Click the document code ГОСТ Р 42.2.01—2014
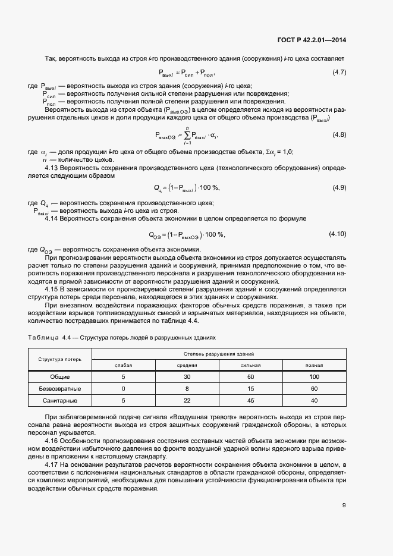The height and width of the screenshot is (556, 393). point(312,40)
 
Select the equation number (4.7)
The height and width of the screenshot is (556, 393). point(338,73)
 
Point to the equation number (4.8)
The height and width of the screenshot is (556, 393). point(338,135)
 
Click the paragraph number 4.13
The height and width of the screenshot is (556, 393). point(54,168)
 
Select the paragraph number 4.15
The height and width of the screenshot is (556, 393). point(54,289)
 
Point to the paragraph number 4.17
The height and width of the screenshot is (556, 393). point(54,464)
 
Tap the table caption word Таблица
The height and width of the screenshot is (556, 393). point(43,337)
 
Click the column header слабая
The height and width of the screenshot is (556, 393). point(123,365)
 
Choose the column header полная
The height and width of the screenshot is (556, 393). point(314,365)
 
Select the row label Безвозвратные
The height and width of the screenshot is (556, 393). point(59,388)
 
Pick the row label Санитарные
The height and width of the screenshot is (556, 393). point(59,400)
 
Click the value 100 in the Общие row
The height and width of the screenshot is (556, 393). point(314,377)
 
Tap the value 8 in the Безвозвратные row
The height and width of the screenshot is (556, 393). point(187,388)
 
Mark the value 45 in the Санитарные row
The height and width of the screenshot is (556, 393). point(250,400)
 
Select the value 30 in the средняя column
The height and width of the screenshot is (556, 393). point(187,377)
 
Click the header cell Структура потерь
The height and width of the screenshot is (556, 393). point(59,360)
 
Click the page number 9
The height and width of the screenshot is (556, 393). point(344,505)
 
